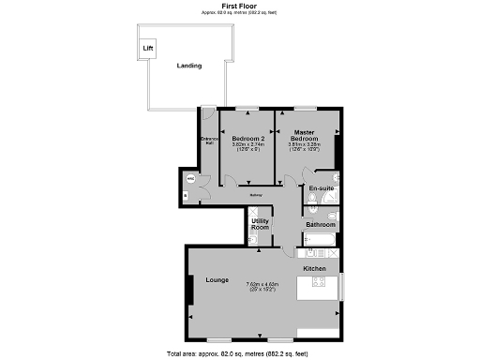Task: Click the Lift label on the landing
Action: [x=147, y=48]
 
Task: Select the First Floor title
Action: [x=240, y=6]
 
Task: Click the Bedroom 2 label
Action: [x=248, y=137]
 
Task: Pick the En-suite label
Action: [x=322, y=188]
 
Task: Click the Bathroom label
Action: [x=321, y=224]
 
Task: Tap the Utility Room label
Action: [x=261, y=224]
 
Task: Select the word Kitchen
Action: [x=315, y=269]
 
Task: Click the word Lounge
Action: [x=206, y=279]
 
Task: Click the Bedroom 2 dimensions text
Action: [x=248, y=147]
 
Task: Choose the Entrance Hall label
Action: [x=208, y=142]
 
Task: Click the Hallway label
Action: [x=256, y=195]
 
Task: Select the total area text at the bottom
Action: [x=240, y=353]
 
